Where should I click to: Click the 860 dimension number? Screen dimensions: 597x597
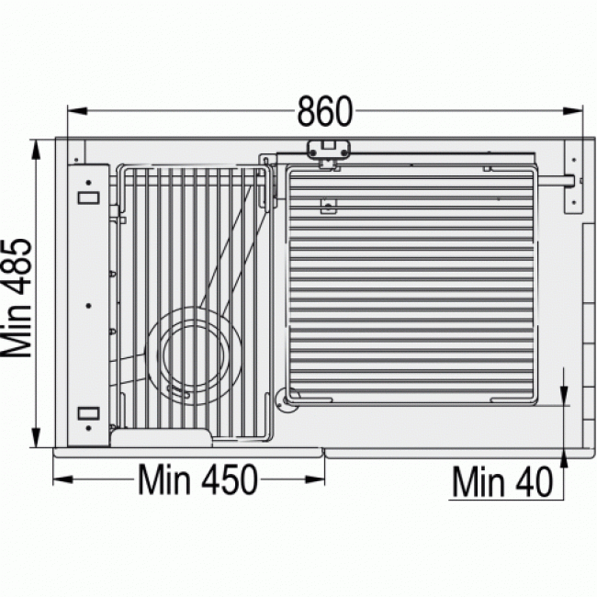(x=325, y=111)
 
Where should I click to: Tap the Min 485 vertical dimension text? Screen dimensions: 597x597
(x=17, y=298)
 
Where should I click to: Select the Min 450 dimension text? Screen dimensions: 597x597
(x=197, y=479)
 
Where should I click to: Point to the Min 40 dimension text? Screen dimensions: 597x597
(x=502, y=482)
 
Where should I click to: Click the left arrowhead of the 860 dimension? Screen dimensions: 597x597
(x=77, y=111)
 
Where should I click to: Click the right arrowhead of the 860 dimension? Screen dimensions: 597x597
(x=573, y=111)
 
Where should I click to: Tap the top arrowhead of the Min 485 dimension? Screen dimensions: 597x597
(x=36, y=150)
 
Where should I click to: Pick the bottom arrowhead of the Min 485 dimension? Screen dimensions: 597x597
(x=36, y=437)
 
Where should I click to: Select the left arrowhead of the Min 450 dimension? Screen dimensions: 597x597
(x=62, y=479)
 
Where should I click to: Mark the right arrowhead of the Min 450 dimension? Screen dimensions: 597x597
(x=315, y=479)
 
